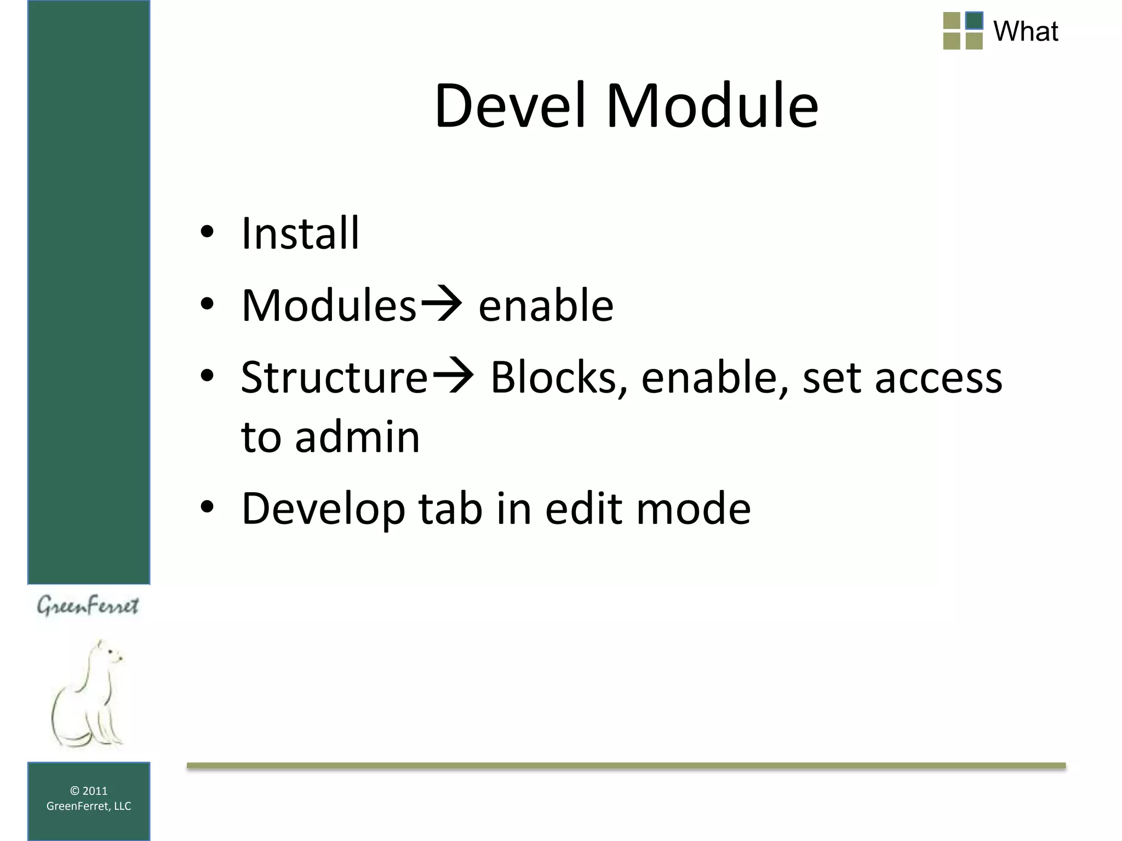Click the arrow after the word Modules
click(x=441, y=304)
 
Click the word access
click(x=938, y=379)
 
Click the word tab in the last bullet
click(x=450, y=509)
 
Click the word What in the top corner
click(x=1025, y=31)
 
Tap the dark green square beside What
click(x=974, y=21)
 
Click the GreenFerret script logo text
click(x=88, y=606)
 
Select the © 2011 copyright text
click(x=89, y=791)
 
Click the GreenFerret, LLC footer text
click(x=89, y=806)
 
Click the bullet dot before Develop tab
click(x=207, y=508)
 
